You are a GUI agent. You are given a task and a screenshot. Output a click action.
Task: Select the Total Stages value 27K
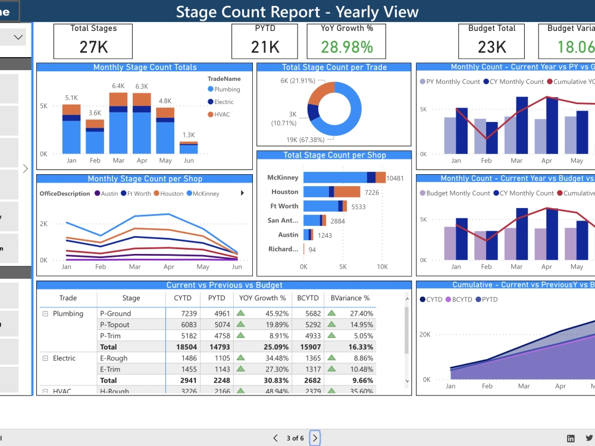click(x=93, y=46)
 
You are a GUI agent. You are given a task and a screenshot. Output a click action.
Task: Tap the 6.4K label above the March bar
click(x=118, y=86)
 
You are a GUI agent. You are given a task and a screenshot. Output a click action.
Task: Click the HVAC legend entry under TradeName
click(x=221, y=114)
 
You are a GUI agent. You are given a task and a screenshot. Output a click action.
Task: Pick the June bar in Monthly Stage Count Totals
click(x=189, y=148)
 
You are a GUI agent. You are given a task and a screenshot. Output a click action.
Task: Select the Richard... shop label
click(x=283, y=249)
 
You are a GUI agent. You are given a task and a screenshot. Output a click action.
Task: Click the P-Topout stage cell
click(x=115, y=325)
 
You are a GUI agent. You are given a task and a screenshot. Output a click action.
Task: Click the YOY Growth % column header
click(x=262, y=298)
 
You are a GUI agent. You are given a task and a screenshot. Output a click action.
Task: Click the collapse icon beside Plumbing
click(x=45, y=313)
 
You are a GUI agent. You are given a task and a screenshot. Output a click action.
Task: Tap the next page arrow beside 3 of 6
click(x=315, y=438)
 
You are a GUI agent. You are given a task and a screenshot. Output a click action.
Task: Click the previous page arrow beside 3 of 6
click(x=275, y=438)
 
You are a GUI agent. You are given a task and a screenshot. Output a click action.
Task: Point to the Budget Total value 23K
click(x=492, y=46)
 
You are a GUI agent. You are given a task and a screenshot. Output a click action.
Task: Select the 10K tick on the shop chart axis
click(x=382, y=267)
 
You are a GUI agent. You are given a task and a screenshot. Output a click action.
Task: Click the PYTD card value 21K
click(x=265, y=46)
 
